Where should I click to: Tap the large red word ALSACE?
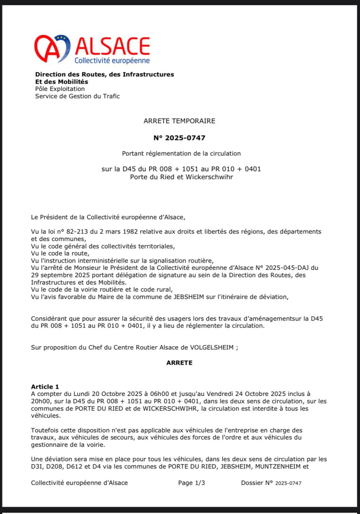(x=112, y=46)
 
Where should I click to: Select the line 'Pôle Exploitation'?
(x=60, y=89)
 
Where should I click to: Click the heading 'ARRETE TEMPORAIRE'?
(x=179, y=120)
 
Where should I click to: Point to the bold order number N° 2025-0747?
(x=179, y=138)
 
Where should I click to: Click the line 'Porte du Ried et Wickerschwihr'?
(x=181, y=177)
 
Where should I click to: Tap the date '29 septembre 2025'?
(x=57, y=275)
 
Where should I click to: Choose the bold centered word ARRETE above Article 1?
(x=179, y=363)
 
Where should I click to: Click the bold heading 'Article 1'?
(x=45, y=387)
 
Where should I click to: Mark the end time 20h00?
(x=41, y=401)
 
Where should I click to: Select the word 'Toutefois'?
(x=45, y=430)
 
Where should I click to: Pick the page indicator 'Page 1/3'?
(x=191, y=483)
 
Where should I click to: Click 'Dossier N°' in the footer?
(x=257, y=483)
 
